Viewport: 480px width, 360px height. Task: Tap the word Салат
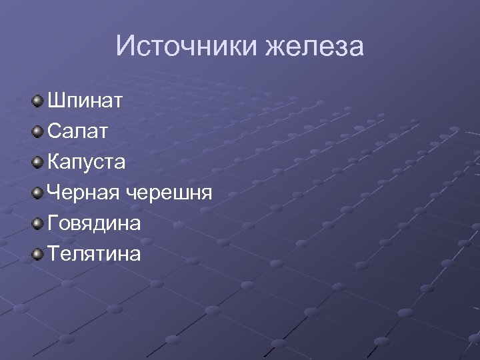[77, 132]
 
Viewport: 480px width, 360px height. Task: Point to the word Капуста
[86, 163]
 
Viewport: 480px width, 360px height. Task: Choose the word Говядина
[94, 223]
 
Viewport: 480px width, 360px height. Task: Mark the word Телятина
[94, 254]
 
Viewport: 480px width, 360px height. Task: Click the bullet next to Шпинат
[37, 101]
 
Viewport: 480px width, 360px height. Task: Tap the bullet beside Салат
[37, 132]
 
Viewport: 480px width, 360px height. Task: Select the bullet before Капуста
[37, 162]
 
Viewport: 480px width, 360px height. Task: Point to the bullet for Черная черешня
[37, 193]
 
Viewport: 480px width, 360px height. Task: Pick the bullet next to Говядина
[37, 223]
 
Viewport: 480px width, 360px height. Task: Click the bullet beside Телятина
[37, 253]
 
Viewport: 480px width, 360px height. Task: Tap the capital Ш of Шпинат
[55, 102]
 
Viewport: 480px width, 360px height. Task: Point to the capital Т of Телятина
[53, 254]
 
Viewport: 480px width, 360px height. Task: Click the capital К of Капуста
[54, 163]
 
